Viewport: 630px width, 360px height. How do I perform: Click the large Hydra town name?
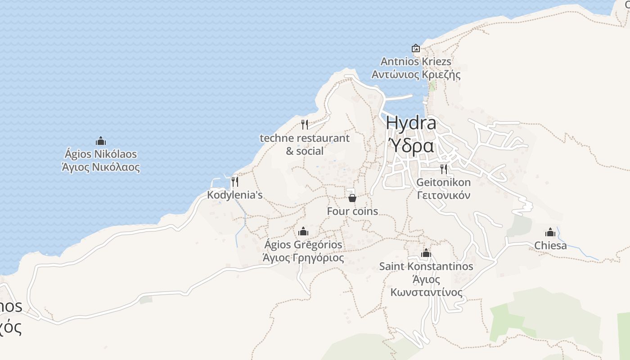point(411,123)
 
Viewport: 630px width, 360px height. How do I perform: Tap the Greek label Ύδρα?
point(411,146)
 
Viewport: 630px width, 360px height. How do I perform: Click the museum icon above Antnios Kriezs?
point(416,48)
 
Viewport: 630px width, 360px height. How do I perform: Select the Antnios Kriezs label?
point(416,61)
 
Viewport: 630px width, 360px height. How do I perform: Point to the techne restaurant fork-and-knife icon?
point(305,125)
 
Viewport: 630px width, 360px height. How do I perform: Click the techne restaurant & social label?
point(305,144)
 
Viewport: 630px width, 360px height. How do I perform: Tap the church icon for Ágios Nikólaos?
point(101,141)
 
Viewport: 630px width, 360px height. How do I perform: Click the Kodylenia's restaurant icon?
point(234,182)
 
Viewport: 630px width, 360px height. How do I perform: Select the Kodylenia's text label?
point(234,195)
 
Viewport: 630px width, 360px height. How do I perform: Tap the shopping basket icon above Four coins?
point(352,198)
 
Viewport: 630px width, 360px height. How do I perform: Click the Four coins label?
point(352,211)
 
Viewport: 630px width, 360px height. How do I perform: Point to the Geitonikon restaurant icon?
point(444,169)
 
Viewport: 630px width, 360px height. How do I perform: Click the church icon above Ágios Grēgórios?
point(303,232)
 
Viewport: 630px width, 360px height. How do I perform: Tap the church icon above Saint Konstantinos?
point(426,253)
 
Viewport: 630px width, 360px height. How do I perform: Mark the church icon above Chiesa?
point(550,233)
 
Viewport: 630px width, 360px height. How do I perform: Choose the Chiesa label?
point(550,246)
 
